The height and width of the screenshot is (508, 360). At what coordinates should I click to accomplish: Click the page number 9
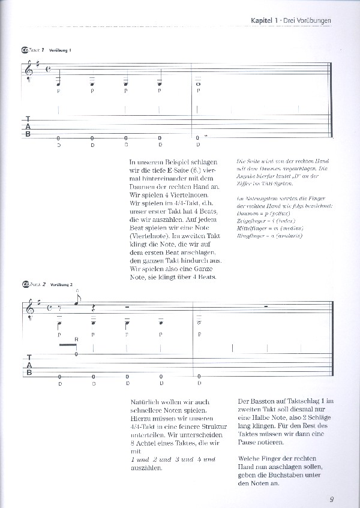(x=332, y=497)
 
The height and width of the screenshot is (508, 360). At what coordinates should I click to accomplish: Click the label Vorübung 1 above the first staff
(x=60, y=50)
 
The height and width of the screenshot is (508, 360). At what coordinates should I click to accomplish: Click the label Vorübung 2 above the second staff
(x=61, y=284)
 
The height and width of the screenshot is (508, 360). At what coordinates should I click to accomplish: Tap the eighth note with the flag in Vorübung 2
(x=77, y=302)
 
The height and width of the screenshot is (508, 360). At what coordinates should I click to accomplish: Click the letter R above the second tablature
(x=76, y=339)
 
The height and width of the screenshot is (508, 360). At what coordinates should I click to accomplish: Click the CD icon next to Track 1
(x=25, y=50)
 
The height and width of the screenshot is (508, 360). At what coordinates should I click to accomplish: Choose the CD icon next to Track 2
(x=25, y=284)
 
